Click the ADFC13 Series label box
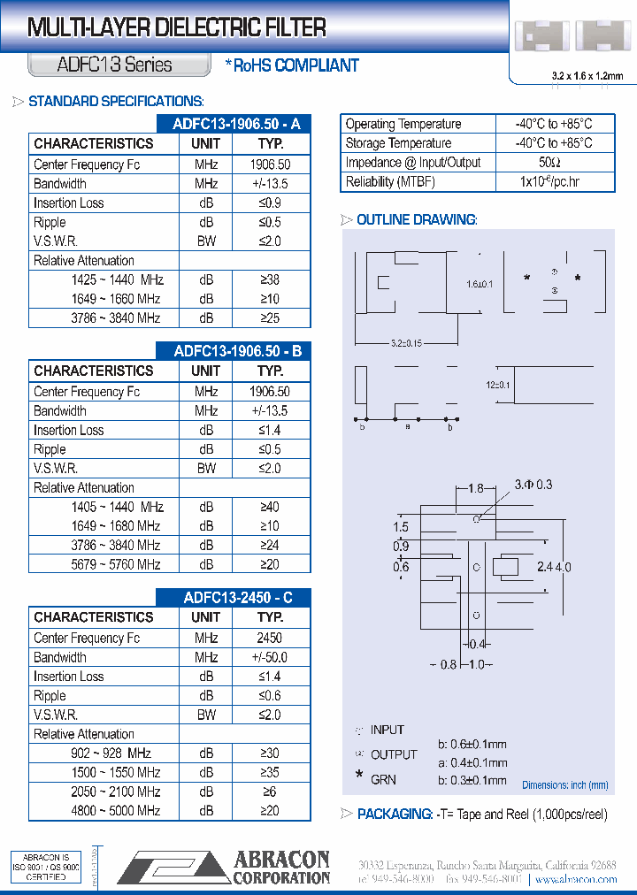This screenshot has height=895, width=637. coord(119,65)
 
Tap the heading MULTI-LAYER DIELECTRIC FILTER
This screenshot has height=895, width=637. coord(177,28)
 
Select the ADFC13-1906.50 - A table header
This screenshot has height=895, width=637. coord(237,124)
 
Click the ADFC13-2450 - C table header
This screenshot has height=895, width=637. coord(237,598)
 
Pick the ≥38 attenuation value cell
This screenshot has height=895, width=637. coord(270,279)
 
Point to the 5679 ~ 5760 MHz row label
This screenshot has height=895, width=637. coord(116,564)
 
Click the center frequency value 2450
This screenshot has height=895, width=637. coord(270,638)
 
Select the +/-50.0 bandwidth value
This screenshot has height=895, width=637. coord(270,657)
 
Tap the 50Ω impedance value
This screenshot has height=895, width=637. coord(549,163)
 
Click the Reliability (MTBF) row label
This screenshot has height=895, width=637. coord(390,182)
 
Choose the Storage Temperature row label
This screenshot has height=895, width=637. coord(398,143)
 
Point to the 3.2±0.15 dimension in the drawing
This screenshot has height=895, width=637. coord(406,342)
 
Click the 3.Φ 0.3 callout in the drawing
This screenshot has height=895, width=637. coord(533,484)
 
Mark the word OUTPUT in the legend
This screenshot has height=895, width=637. coord(394,754)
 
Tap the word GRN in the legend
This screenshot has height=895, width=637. coord(384,779)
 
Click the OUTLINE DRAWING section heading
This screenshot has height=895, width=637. coord(416,219)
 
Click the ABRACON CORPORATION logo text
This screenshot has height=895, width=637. coord(281,867)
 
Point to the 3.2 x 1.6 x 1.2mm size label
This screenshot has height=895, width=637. coord(581,77)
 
